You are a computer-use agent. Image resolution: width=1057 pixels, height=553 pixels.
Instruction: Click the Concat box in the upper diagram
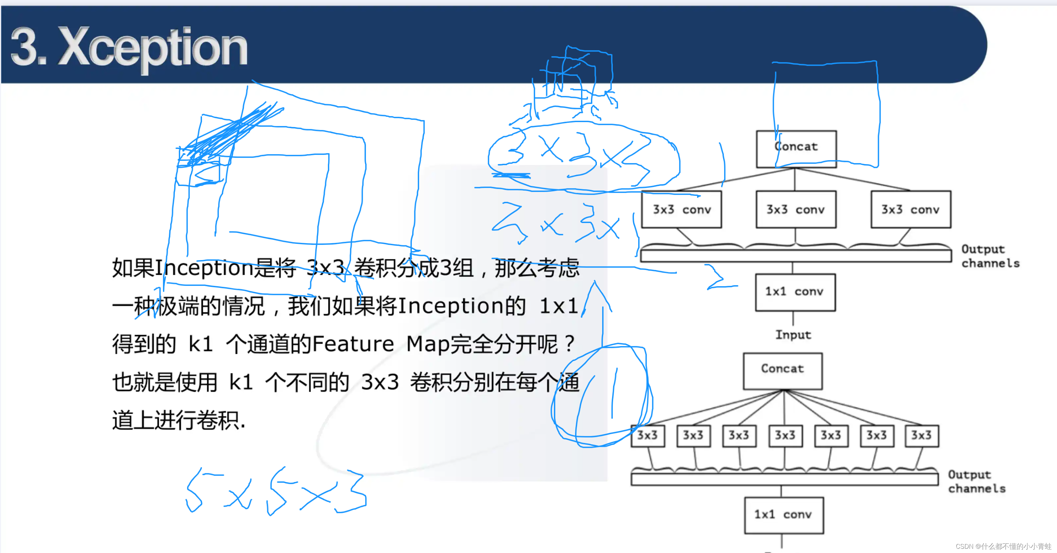point(796,149)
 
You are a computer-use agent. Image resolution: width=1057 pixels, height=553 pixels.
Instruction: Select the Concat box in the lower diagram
point(782,371)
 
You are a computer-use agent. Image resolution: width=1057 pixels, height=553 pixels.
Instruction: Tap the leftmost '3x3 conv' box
point(681,210)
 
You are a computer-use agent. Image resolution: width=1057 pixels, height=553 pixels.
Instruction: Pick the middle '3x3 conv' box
point(796,210)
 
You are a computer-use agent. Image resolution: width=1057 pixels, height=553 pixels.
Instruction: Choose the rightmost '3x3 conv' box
point(911,210)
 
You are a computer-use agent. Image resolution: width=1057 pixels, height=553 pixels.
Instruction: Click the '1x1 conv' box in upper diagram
point(795,292)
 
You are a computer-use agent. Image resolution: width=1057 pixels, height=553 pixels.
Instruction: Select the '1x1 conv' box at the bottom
point(783,515)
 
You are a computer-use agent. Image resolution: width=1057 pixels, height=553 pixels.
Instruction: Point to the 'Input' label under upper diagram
point(793,335)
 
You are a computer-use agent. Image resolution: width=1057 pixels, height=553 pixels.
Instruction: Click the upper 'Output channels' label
point(990,256)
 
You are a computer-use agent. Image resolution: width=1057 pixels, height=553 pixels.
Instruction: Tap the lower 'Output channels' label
point(976,481)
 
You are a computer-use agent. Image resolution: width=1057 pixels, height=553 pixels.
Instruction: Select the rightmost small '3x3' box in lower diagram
point(921,435)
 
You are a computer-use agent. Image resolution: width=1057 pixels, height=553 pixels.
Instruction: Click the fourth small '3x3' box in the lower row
point(784,435)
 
